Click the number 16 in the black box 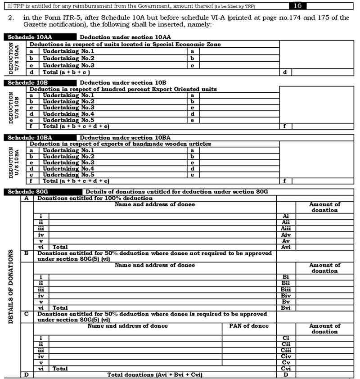[297, 5]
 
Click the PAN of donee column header [249, 326]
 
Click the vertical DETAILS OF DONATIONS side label [11, 286]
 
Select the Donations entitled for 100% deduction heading [95, 198]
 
